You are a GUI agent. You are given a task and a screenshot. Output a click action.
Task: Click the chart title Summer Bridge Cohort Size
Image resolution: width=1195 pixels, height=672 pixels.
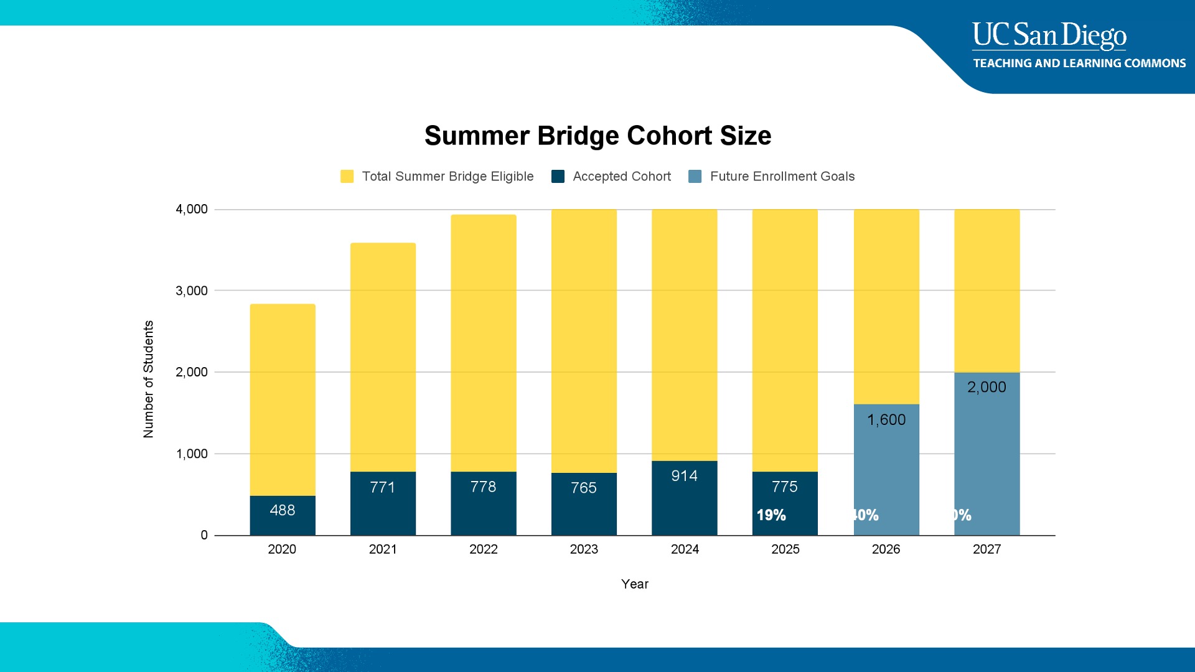pyautogui.click(x=597, y=136)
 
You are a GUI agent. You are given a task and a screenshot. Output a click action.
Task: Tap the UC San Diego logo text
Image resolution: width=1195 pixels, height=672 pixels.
pyautogui.click(x=1049, y=35)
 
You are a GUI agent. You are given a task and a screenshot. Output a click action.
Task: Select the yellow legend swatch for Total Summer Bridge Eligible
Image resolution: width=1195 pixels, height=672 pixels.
pyautogui.click(x=347, y=177)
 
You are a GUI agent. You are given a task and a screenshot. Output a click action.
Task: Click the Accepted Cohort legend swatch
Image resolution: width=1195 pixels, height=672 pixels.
pyautogui.click(x=558, y=177)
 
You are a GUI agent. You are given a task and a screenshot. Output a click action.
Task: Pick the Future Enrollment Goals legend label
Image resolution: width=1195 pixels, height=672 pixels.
pyautogui.click(x=782, y=177)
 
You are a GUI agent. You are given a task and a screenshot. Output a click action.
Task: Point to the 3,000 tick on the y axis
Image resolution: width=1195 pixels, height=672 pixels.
pyautogui.click(x=192, y=291)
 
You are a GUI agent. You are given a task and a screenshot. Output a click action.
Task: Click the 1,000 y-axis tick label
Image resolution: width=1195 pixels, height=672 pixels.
pyautogui.click(x=192, y=454)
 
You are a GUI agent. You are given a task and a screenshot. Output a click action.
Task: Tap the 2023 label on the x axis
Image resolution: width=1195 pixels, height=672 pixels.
pyautogui.click(x=584, y=549)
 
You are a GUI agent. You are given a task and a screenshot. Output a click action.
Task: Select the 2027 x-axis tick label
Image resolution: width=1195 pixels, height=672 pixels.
pyautogui.click(x=986, y=549)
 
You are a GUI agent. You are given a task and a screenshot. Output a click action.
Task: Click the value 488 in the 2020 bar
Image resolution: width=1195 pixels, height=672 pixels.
pyautogui.click(x=283, y=510)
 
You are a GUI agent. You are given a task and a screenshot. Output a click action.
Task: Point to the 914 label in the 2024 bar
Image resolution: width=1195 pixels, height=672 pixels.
pyautogui.click(x=684, y=476)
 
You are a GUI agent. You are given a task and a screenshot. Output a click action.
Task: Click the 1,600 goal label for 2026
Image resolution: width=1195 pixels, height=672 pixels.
pyautogui.click(x=886, y=420)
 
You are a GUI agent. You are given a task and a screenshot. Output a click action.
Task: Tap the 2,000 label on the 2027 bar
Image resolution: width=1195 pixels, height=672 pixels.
pyautogui.click(x=986, y=387)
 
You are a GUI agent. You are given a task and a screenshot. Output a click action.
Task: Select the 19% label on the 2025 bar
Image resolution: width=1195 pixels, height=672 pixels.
pyautogui.click(x=771, y=515)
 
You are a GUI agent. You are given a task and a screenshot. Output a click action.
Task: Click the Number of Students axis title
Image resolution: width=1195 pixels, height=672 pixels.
pyautogui.click(x=148, y=379)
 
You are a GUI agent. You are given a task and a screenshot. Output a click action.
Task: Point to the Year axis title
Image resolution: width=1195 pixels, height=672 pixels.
pyautogui.click(x=634, y=584)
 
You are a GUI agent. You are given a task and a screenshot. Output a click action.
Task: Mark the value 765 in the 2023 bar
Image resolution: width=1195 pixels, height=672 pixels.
pyautogui.click(x=584, y=488)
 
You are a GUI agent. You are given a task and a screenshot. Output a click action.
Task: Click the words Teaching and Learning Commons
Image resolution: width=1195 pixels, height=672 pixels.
pyautogui.click(x=1079, y=63)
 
